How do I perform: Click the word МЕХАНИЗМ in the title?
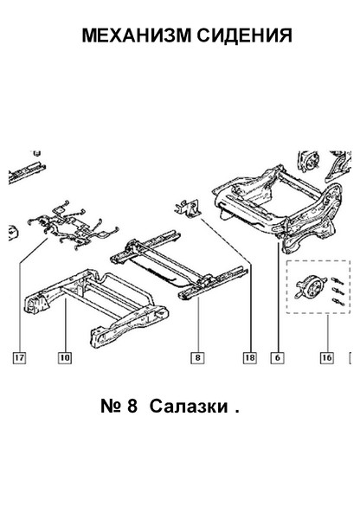click(x=137, y=35)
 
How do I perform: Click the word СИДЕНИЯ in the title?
click(x=245, y=35)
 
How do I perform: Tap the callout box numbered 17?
click(x=19, y=357)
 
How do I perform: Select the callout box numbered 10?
click(x=65, y=357)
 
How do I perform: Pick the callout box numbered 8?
click(x=197, y=357)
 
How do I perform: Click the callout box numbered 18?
click(x=250, y=357)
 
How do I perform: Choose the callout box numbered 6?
click(x=277, y=357)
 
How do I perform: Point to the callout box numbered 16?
click(x=326, y=357)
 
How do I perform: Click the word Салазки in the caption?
click(x=189, y=407)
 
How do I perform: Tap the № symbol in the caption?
click(x=110, y=407)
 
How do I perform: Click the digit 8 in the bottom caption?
click(x=132, y=407)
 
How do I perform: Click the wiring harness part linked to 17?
click(x=74, y=225)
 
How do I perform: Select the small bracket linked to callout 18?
click(x=187, y=208)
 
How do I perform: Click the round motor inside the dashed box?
click(x=311, y=286)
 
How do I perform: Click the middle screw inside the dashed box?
click(x=337, y=292)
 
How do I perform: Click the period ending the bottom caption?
click(x=237, y=412)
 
